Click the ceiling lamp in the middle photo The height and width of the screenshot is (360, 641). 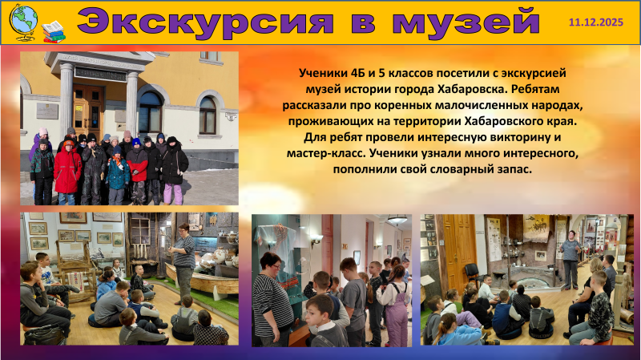pos(397,220)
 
